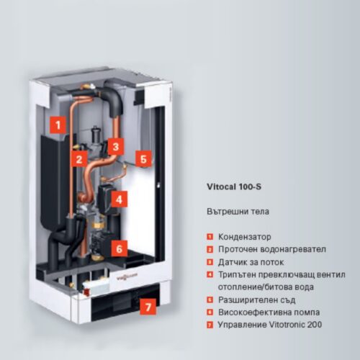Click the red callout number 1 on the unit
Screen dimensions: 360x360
(58, 125)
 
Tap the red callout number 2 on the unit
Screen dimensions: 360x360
(78, 158)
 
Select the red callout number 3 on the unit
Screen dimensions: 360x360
(116, 146)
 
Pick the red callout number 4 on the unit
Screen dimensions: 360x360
(119, 199)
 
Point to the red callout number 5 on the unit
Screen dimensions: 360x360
(143, 158)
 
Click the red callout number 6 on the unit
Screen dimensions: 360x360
(119, 248)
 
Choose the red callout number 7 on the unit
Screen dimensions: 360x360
(148, 307)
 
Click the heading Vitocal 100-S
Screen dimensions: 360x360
(234, 186)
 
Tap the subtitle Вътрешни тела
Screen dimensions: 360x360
(238, 212)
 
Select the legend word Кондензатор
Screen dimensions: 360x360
(245, 237)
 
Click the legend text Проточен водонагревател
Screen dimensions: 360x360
(272, 249)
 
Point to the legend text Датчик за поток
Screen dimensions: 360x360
(251, 262)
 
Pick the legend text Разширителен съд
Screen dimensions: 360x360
(256, 300)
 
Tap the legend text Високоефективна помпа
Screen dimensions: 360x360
(269, 312)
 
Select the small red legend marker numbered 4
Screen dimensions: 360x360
(210, 274)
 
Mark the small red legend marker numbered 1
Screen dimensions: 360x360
(210, 237)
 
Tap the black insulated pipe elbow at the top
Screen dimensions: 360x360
(114, 98)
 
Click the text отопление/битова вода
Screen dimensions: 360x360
(266, 287)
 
